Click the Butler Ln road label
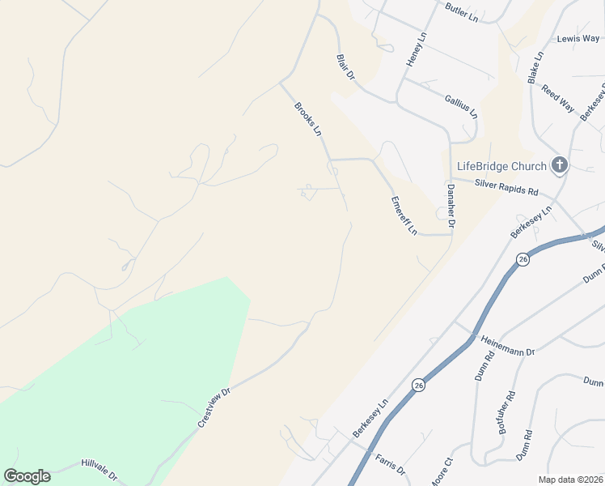point(462,11)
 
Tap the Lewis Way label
point(578,39)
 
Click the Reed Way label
point(558,99)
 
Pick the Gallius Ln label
point(461,105)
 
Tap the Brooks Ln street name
point(308,118)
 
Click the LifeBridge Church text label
point(501,167)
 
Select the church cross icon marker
point(559,166)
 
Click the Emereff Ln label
point(404,215)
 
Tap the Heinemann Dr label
point(508,347)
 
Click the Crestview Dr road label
point(214,407)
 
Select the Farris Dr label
point(390,464)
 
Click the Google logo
point(27,476)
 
